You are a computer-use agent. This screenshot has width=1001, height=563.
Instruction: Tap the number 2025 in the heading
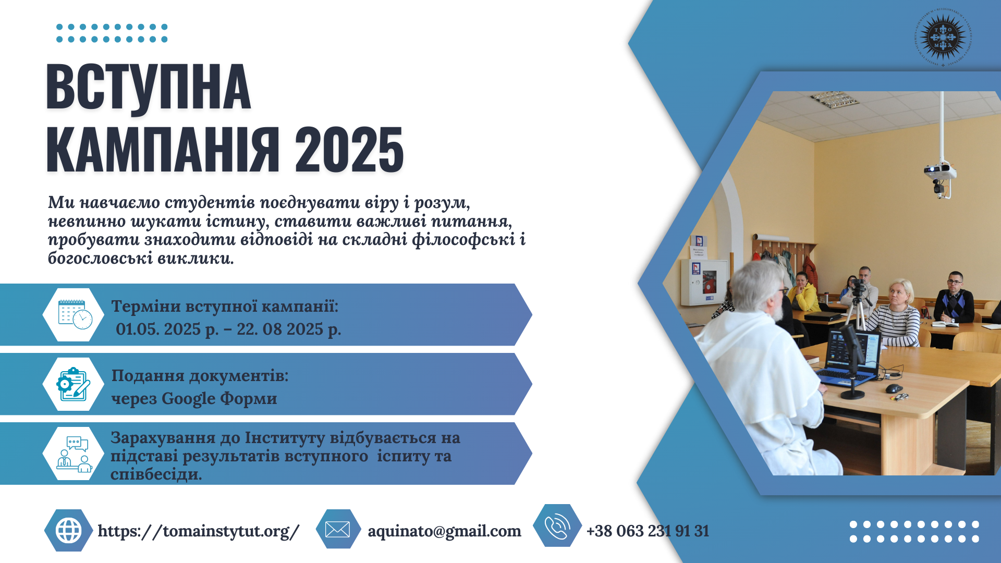tap(349, 150)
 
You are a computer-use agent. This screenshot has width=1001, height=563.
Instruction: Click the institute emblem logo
tap(943, 37)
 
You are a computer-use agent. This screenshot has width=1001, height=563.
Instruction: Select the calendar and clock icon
tap(75, 314)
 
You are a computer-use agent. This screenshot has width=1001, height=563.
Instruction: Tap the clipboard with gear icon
tap(73, 384)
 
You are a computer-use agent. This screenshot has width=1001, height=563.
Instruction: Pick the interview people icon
tap(74, 454)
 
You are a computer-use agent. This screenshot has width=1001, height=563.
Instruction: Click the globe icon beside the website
tap(69, 531)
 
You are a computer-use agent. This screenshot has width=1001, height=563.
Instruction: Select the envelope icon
tap(337, 530)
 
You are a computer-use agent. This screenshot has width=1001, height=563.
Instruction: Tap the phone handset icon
tap(557, 526)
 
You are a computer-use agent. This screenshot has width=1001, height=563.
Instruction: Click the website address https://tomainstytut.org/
tap(199, 531)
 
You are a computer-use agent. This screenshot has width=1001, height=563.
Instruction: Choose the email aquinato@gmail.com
tap(444, 531)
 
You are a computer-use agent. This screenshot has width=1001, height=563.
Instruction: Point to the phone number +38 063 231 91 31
tap(648, 531)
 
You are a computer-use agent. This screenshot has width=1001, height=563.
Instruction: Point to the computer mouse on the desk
tap(894, 388)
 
